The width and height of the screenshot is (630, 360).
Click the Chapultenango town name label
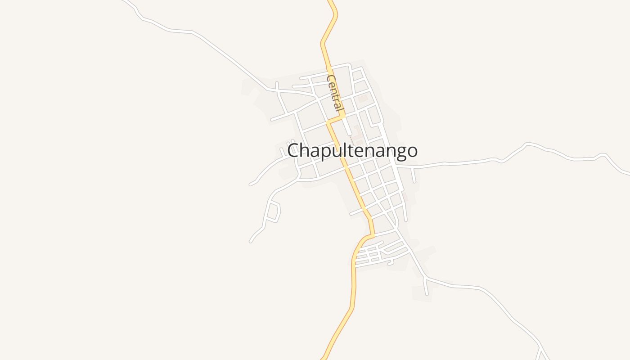(x=352, y=151)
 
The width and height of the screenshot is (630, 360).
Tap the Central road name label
(x=335, y=94)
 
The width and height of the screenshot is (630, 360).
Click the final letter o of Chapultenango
(x=412, y=151)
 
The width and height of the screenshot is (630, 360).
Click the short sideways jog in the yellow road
(x=336, y=119)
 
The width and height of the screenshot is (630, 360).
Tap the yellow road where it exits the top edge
(x=332, y=2)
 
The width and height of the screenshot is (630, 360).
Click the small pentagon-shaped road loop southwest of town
(x=273, y=211)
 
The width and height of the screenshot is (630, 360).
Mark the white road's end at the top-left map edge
(x=124, y=1)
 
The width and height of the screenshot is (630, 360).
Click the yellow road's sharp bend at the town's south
(x=373, y=234)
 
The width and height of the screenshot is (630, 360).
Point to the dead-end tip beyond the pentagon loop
(x=251, y=242)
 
